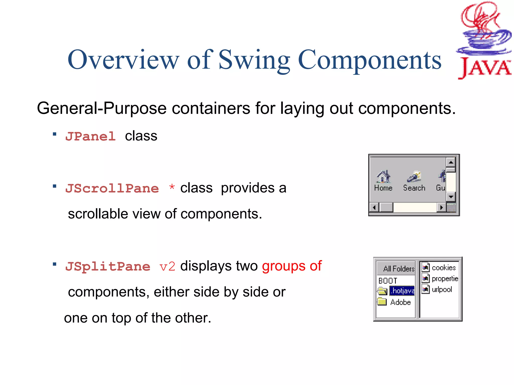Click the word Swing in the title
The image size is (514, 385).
point(254,60)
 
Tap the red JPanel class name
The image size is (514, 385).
point(90,137)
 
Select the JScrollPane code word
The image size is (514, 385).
point(112,188)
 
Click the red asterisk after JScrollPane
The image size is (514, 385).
point(172,187)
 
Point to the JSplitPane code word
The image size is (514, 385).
point(108,266)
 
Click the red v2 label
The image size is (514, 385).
point(167,267)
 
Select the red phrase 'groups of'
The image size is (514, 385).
point(292,266)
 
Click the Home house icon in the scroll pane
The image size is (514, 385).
point(383,176)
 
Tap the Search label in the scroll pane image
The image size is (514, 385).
point(414,188)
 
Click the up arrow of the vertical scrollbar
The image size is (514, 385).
point(451,162)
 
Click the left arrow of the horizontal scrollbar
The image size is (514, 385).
point(374,208)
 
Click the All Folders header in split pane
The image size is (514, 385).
point(399,269)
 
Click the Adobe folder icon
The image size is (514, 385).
point(382,302)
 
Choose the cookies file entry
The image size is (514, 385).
point(443,268)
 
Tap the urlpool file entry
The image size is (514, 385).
point(442,290)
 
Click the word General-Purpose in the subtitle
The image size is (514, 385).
point(102,108)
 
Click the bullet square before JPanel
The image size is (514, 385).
point(54,134)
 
